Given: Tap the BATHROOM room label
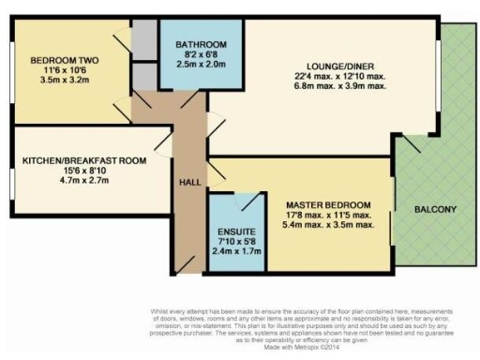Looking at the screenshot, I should pos(192,44).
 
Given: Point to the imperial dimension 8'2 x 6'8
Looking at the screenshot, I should pos(192,56).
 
